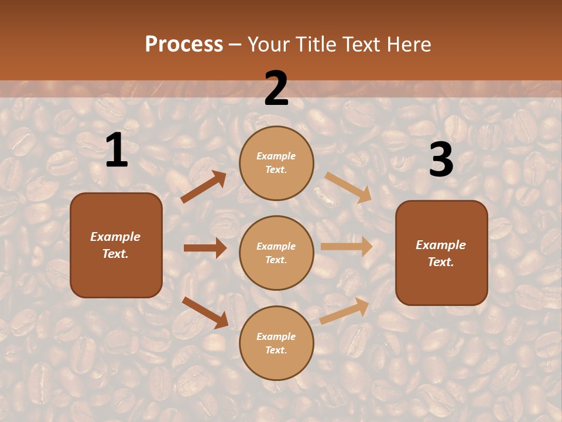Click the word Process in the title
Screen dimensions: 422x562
(184, 45)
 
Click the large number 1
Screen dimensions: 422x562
(116, 151)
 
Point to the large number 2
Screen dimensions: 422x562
(276, 89)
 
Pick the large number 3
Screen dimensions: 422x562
(441, 160)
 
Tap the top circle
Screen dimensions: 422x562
(276, 162)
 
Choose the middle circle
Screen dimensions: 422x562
(276, 253)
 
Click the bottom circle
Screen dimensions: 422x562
(276, 343)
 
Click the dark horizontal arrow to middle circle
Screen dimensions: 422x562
(205, 248)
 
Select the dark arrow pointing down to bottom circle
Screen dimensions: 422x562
(205, 312)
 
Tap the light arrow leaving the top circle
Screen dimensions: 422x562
(348, 187)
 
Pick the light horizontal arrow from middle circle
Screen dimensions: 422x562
(347, 246)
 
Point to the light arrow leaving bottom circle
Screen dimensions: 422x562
(345, 311)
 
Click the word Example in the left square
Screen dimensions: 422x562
(115, 237)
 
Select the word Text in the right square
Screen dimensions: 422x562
(441, 262)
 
